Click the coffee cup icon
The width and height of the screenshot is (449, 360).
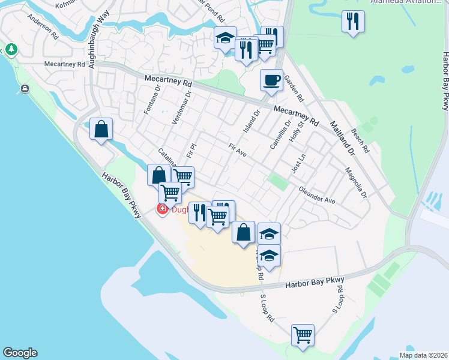click(271, 80)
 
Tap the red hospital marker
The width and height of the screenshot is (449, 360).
click(162, 209)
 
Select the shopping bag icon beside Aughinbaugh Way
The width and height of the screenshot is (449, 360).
click(101, 129)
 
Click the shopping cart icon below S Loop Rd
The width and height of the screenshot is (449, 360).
click(303, 334)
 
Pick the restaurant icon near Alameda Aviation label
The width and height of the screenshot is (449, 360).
click(353, 22)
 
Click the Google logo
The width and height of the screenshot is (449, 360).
click(20, 353)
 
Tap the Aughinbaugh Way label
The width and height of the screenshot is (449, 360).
click(96, 41)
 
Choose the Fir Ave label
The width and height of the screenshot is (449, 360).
click(238, 150)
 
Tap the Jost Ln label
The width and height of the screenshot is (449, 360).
click(298, 163)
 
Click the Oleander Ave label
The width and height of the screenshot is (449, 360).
click(317, 194)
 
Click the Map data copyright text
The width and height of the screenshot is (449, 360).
click(423, 355)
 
